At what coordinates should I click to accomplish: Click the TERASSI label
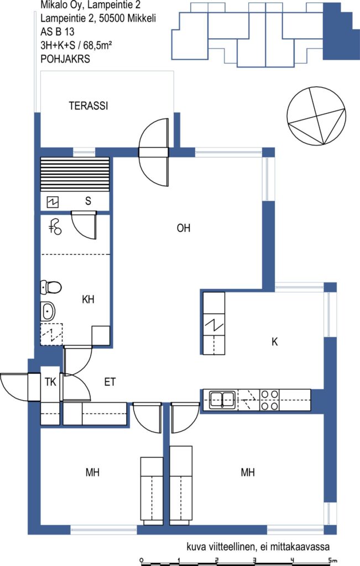88,106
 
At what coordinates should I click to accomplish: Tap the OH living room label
184,228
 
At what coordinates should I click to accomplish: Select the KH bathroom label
88,299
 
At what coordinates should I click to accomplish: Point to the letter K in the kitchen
275,342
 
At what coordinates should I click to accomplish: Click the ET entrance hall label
109,382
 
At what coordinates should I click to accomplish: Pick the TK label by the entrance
50,382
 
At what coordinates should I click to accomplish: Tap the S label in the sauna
88,201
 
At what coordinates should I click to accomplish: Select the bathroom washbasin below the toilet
48,311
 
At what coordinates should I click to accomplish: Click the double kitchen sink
222,400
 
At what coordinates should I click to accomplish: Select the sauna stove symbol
53,202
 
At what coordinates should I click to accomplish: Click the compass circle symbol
317,116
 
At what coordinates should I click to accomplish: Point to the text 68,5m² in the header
97,45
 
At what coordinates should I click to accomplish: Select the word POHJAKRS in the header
65,59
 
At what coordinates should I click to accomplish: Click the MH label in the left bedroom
92,472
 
